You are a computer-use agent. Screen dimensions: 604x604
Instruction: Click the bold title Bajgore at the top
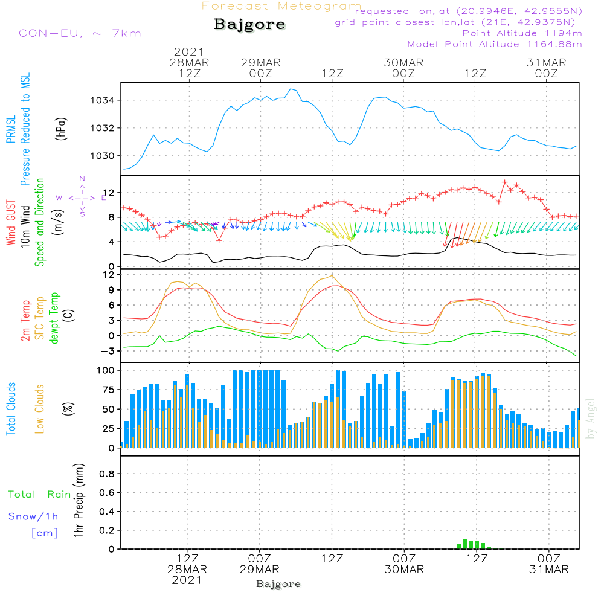249,25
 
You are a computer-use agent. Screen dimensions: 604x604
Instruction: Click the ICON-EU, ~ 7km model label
77,33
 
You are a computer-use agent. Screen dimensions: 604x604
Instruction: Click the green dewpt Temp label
54,318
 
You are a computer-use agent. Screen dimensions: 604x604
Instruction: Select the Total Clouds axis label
11,409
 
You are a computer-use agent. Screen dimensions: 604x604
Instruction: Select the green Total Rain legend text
39,495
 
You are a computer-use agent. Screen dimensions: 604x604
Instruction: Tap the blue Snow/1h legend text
34,516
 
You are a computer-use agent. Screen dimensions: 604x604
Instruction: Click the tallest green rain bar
464,544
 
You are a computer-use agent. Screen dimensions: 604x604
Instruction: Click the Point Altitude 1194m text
522,33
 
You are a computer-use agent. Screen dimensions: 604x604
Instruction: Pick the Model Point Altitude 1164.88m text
495,44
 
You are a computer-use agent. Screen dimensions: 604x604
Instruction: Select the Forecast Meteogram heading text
281,7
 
